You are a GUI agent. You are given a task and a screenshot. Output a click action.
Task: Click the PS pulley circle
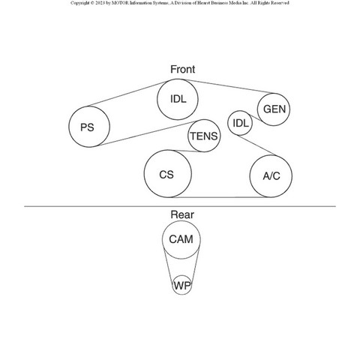[x=69, y=127]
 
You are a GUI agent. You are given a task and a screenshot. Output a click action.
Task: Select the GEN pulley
[x=257, y=109]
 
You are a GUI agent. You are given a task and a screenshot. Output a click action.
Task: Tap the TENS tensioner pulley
[x=188, y=136]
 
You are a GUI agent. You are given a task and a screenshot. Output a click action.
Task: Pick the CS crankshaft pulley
[x=144, y=174]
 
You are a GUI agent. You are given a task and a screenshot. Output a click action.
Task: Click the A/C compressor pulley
[x=250, y=176]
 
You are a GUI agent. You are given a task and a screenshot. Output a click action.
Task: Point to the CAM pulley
[x=163, y=239]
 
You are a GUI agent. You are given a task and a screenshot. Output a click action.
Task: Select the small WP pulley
[x=172, y=285]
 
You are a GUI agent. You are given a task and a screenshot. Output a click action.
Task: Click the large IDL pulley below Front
[x=157, y=99]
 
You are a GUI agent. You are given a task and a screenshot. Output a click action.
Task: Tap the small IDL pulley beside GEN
[x=228, y=123]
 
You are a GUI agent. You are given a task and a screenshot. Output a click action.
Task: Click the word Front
[x=182, y=69]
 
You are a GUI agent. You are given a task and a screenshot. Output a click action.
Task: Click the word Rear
[x=182, y=214]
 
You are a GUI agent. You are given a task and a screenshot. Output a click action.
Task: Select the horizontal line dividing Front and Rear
[x=180, y=206]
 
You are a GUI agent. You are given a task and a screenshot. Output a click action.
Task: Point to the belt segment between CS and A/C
[x=220, y=197]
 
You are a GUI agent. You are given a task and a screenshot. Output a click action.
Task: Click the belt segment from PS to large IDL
[x=127, y=94]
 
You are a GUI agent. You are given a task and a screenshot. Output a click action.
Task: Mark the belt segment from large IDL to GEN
[x=229, y=86]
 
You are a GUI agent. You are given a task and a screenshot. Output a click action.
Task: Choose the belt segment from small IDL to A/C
[x=256, y=145]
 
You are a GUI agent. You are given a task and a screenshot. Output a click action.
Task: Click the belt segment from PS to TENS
[x=148, y=133]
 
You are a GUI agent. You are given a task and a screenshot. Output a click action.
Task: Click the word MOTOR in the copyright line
[x=120, y=3]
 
